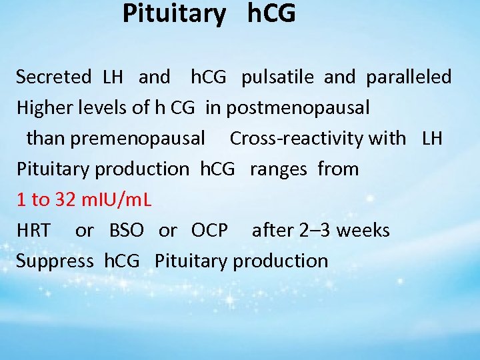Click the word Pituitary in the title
tap(174, 14)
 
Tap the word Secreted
tap(53, 77)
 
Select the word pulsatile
tap(279, 77)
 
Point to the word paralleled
tap(408, 77)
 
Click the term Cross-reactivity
tap(317, 139)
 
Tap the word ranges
tap(278, 169)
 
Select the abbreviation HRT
tap(33, 231)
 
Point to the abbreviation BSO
tap(126, 231)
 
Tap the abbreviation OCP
tap(209, 231)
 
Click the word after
tap(272, 231)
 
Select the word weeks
tap(365, 231)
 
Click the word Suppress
tap(55, 261)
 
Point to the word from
tap(338, 169)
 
